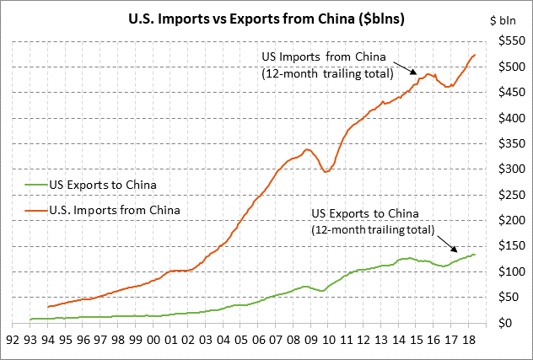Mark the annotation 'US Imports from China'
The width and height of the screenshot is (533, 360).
click(x=325, y=57)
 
